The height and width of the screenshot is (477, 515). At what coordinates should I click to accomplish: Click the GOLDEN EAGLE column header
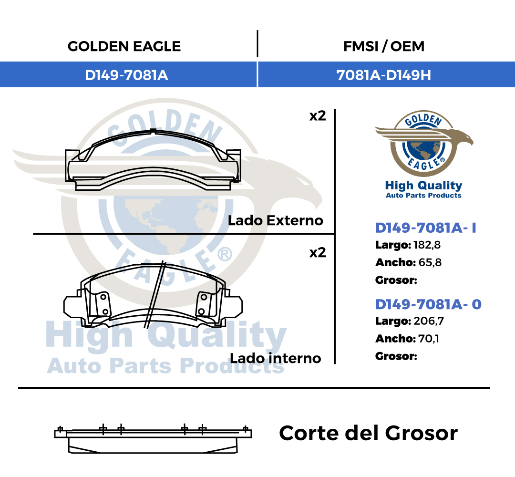(124, 46)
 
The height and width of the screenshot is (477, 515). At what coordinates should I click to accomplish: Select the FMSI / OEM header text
(383, 46)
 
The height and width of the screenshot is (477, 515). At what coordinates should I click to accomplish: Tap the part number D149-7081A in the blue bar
(126, 75)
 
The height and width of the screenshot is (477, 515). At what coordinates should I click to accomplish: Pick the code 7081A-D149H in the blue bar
(383, 75)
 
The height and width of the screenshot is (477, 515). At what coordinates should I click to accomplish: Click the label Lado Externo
(276, 220)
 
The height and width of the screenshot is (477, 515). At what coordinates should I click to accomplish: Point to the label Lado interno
(275, 358)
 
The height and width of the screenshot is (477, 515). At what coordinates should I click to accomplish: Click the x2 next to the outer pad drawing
(318, 116)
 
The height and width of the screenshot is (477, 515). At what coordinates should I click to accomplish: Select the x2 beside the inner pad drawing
(318, 252)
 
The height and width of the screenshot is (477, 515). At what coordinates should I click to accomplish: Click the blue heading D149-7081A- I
(426, 228)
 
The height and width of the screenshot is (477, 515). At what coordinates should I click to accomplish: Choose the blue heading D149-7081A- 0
(428, 304)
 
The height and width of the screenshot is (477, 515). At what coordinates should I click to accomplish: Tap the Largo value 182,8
(427, 245)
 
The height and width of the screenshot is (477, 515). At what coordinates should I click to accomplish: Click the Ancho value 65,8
(430, 262)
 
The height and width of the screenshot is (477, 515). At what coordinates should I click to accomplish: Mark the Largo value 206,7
(429, 321)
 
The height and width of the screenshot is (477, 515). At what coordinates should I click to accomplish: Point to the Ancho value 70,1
(429, 338)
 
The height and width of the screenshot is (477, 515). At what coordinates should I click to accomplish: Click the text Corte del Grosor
(368, 433)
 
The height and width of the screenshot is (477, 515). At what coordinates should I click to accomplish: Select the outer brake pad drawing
(153, 160)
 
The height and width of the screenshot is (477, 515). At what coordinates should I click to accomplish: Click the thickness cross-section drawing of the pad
(153, 439)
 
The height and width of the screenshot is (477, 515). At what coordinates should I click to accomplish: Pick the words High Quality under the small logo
(424, 186)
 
